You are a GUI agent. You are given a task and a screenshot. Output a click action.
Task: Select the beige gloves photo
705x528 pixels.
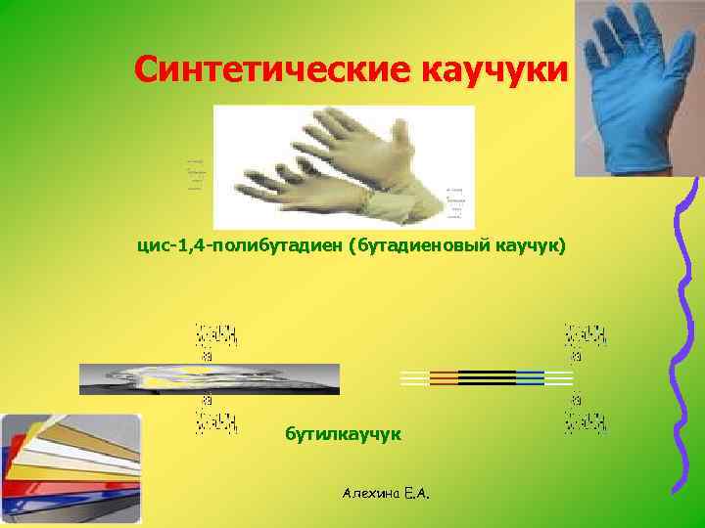pos(343,166)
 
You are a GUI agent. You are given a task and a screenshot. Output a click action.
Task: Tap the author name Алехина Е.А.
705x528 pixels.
pos(388,495)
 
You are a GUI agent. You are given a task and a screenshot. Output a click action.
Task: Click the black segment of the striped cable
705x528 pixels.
pos(487,378)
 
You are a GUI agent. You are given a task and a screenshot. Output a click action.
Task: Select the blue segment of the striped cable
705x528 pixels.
pos(530,378)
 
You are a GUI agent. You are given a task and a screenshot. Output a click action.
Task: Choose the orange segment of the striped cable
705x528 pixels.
pos(444,378)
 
